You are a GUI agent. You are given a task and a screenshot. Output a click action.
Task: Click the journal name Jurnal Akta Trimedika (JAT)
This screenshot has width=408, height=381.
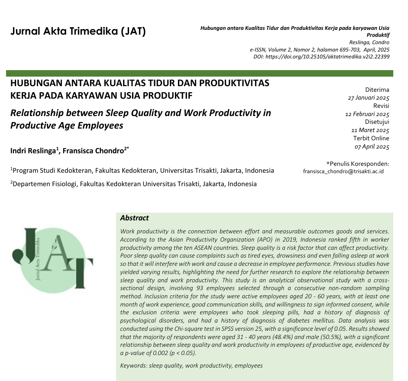coord(78,32)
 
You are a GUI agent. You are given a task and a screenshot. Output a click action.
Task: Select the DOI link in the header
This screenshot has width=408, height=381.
coord(321,56)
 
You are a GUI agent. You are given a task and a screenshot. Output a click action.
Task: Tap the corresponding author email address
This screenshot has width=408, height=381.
coord(343,171)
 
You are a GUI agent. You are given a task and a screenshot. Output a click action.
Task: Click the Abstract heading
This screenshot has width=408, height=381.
coord(134,218)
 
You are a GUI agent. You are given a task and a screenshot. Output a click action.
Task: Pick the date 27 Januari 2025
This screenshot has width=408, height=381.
coord(369,98)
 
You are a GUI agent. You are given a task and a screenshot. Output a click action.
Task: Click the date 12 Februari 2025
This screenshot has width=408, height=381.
coord(367,114)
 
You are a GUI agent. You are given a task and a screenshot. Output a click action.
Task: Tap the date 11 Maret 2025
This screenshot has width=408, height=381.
coord(370,130)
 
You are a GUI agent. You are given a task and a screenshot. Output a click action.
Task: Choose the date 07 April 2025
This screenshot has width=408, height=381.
coord(372,146)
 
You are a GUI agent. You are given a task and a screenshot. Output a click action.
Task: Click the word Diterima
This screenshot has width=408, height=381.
coord(377,90)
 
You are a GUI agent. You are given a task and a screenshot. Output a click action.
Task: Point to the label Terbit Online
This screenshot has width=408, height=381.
coord(371,139)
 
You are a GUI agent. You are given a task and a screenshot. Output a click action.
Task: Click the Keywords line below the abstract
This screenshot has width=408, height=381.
coord(191,365)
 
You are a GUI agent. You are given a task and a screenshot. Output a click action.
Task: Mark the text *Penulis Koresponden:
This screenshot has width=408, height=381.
coord(357,163)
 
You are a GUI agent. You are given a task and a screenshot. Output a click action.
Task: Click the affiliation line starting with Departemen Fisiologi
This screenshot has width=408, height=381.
coord(133,184)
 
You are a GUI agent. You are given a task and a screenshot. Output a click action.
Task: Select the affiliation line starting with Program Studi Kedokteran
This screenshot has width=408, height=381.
coord(142,171)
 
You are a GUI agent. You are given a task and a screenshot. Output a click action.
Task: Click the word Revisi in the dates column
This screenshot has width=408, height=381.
coord(381,106)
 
